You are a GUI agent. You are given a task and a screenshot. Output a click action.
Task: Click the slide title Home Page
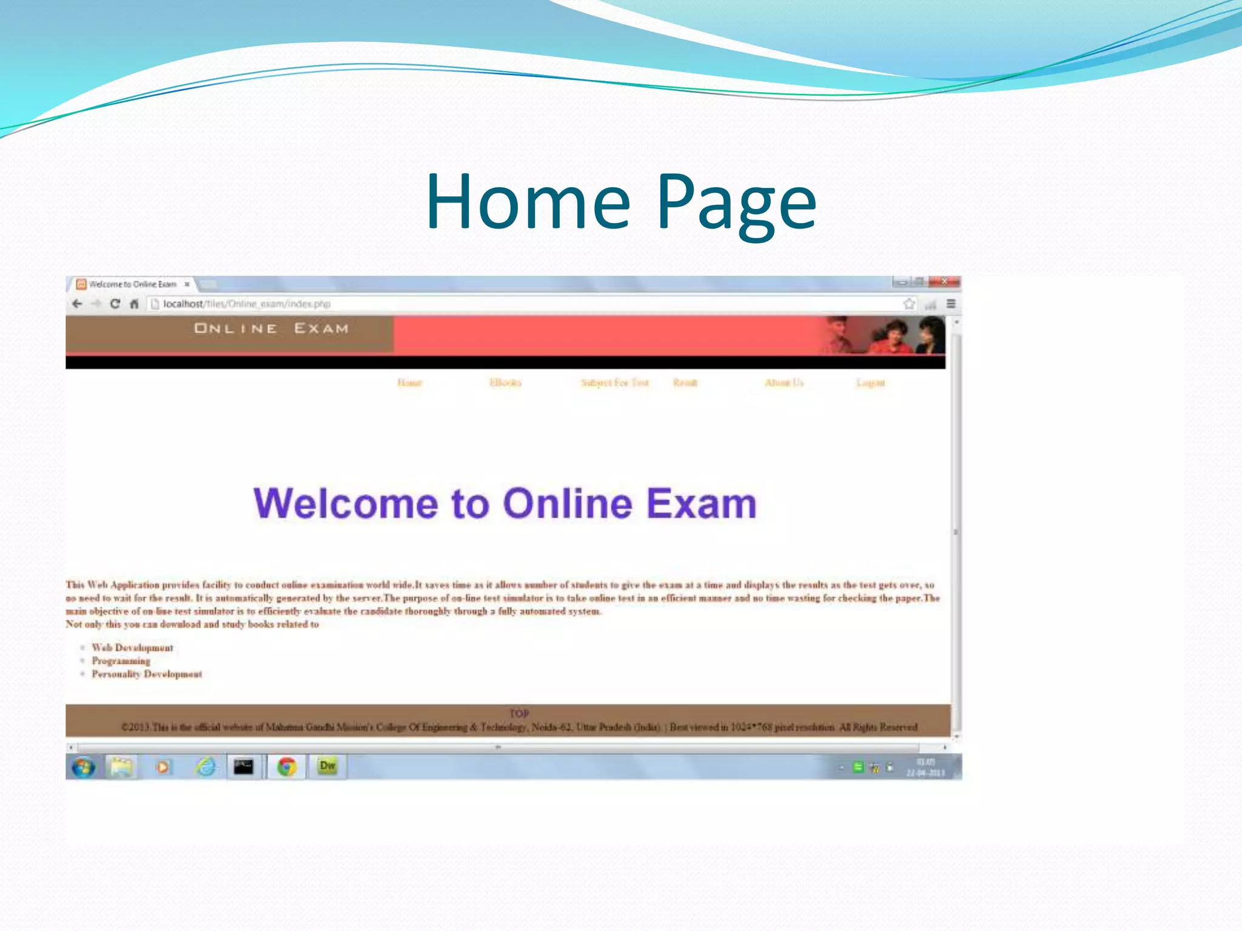621,202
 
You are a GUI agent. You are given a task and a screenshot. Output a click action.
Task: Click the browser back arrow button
77,304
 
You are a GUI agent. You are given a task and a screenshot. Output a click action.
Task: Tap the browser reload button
115,304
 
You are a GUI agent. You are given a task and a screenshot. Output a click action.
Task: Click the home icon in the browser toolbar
134,304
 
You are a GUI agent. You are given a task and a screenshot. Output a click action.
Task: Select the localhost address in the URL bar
246,304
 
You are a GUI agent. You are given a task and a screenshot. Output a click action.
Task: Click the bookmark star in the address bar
908,304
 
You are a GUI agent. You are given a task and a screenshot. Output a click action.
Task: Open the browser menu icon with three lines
951,304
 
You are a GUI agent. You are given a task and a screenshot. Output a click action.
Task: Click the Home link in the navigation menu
409,382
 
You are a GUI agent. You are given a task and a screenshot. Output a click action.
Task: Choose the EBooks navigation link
505,382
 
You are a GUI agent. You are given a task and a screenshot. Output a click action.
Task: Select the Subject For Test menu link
614,382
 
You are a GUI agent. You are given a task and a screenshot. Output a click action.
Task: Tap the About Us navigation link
784,382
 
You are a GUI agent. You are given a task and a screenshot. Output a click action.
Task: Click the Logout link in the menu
870,382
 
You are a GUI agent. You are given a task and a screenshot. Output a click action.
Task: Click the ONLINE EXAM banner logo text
271,329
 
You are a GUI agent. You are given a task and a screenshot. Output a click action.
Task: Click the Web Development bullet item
132,648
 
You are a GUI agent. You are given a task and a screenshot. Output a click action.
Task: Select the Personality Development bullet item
147,674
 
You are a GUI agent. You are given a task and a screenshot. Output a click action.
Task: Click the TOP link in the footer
519,713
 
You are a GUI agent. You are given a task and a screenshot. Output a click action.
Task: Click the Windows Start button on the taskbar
83,767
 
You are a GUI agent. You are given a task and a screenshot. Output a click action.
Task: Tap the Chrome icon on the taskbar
287,767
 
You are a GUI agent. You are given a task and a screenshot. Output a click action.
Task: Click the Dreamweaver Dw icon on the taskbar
327,766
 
